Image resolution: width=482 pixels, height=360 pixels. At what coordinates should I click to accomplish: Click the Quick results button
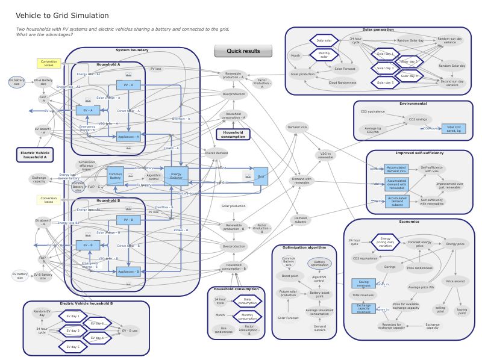click(x=243, y=51)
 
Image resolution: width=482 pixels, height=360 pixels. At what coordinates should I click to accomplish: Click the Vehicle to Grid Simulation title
click(x=62, y=16)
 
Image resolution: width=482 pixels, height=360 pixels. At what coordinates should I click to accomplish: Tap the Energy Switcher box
click(x=176, y=175)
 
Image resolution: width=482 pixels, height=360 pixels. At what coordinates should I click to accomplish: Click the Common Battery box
click(x=115, y=175)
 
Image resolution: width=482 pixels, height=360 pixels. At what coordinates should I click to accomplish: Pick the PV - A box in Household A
click(x=128, y=85)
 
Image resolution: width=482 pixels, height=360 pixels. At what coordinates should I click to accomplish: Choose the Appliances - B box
click(x=128, y=272)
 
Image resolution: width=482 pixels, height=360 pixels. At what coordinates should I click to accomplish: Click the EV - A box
click(x=88, y=110)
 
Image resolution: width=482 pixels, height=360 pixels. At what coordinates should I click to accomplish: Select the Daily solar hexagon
click(x=324, y=41)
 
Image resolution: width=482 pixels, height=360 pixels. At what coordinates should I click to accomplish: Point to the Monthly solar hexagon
click(x=324, y=55)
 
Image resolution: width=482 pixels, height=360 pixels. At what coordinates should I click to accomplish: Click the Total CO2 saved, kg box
click(x=453, y=128)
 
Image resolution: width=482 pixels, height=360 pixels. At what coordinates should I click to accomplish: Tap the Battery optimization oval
click(x=319, y=263)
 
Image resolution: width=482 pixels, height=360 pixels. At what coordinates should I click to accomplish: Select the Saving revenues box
click(x=363, y=283)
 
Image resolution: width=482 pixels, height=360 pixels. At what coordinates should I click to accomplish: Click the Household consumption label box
click(x=233, y=134)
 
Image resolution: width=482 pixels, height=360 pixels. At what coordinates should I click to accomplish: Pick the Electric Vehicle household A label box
click(x=34, y=155)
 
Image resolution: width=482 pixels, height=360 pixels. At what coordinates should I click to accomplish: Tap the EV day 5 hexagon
click(x=72, y=347)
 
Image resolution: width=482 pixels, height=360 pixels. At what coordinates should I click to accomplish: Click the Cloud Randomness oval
click(x=342, y=82)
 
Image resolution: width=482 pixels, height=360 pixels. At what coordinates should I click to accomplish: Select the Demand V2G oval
click(x=297, y=127)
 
